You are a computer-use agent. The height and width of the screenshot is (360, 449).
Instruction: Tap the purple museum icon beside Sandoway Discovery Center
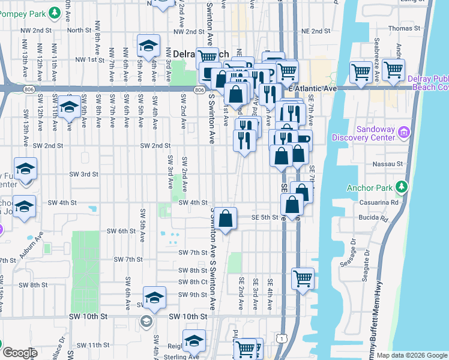click(405, 132)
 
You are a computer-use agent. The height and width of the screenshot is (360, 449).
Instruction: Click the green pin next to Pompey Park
click(54, 12)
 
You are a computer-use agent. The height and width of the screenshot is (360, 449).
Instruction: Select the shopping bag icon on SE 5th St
click(226, 219)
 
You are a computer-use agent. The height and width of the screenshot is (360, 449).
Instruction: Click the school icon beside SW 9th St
click(154, 298)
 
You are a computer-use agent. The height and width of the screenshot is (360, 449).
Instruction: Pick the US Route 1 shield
click(282, 340)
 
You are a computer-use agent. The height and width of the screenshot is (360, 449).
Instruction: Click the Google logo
click(20, 353)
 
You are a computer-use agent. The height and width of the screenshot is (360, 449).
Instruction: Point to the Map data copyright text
click(412, 355)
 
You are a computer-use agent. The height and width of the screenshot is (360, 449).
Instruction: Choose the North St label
click(79, 30)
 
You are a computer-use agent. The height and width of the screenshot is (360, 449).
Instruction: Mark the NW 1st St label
click(91, 59)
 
